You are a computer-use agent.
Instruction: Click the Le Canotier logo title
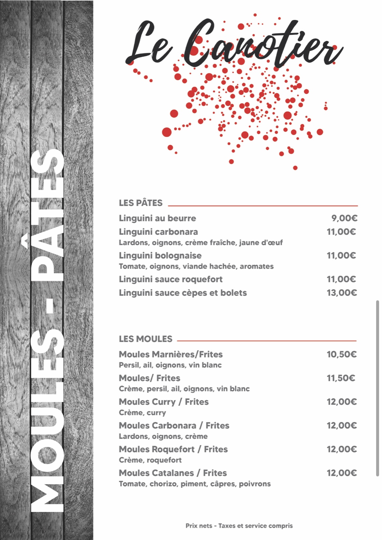pos(233,44)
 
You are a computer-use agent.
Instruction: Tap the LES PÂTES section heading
pos(140,203)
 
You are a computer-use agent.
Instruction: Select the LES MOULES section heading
pos(145,339)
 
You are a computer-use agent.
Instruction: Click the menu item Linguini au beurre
pos(157,218)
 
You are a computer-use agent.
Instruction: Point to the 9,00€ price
pos(344,218)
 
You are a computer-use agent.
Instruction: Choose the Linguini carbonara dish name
pos(158,232)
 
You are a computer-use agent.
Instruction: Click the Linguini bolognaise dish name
pos(160,255)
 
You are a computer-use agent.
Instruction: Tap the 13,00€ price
pos(342,292)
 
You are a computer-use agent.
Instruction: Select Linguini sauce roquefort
pos(170,279)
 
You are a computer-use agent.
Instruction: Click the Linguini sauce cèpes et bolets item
pos(183,292)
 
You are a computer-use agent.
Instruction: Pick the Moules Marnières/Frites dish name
pos(170,354)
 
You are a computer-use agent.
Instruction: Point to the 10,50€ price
pos(342,354)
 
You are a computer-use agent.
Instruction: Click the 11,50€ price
pos(341,378)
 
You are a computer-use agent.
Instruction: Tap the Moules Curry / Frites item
pos(164,402)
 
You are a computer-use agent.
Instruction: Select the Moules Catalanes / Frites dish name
pos(173,473)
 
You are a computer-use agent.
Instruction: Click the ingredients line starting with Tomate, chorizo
pos(195,484)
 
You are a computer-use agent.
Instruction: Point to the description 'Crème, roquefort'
pos(150,460)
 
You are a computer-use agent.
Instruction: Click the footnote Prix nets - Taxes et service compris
pos(239,526)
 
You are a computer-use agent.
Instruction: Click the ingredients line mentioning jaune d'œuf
pos(200,243)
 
